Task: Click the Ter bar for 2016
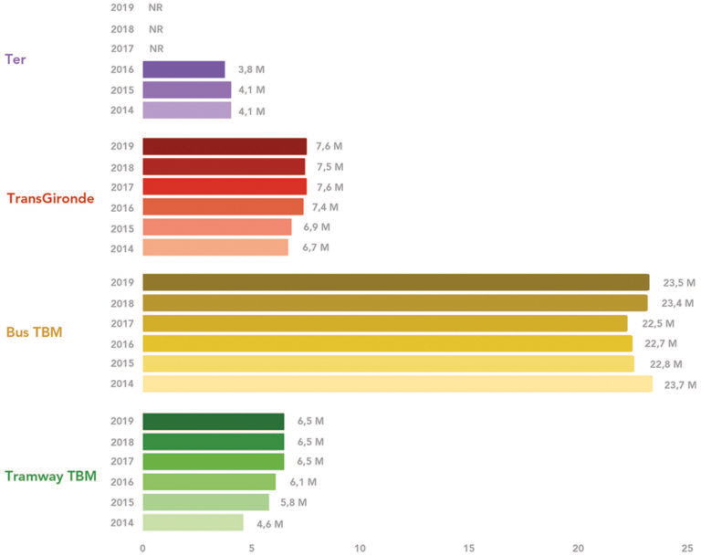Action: (183, 69)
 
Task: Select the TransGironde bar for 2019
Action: (225, 146)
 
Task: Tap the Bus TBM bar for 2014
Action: (397, 384)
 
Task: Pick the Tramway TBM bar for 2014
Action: (193, 523)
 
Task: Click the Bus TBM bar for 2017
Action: (384, 323)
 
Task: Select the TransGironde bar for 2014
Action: (215, 247)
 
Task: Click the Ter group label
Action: (15, 59)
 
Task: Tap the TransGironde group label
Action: (50, 198)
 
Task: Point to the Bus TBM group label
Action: (34, 332)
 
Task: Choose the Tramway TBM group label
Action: (50, 476)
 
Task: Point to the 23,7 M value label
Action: (680, 384)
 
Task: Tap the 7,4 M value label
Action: (326, 207)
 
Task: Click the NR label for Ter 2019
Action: (155, 8)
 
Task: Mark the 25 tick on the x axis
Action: (686, 548)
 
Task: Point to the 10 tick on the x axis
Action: (361, 548)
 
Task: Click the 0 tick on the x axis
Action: (142, 548)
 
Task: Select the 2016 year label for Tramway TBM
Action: (122, 482)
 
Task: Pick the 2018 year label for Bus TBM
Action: (122, 303)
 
